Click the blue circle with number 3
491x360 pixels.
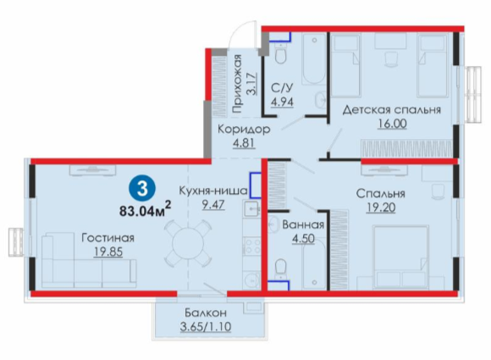tap(142, 189)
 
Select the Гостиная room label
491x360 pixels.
tap(108, 238)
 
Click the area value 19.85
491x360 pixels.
tap(108, 252)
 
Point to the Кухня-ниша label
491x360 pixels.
tap(213, 191)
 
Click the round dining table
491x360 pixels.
tap(188, 241)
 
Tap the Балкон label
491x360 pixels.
tap(206, 313)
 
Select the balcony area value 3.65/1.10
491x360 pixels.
tap(206, 326)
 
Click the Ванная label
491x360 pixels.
tap(303, 224)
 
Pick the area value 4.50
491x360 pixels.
tap(303, 238)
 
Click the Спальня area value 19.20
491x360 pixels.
tap(381, 207)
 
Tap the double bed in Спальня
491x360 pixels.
tap(400, 257)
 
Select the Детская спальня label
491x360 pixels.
tap(392, 110)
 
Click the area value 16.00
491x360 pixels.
tap(392, 124)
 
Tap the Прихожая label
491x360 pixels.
tap(237, 84)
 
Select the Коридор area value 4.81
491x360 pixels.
tap(244, 143)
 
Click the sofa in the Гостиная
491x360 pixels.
tap(89, 260)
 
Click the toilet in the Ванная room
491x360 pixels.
tap(281, 268)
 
